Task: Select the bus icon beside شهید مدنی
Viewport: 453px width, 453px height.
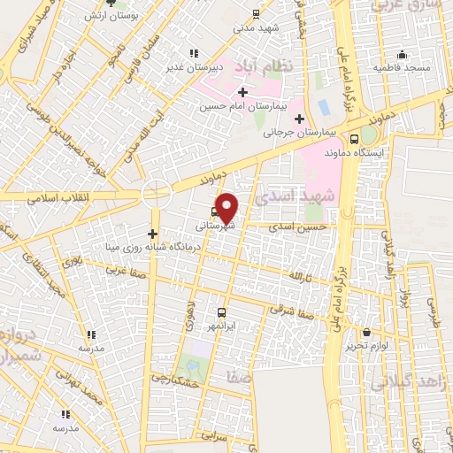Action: tap(256, 13)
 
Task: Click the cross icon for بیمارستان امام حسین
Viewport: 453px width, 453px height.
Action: tap(242, 92)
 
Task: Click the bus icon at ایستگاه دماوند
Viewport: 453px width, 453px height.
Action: tap(355, 138)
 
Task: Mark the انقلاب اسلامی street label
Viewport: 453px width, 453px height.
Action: tap(54, 196)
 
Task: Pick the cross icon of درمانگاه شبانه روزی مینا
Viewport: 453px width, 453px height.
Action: tap(153, 233)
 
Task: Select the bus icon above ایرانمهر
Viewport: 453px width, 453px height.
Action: tap(221, 311)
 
